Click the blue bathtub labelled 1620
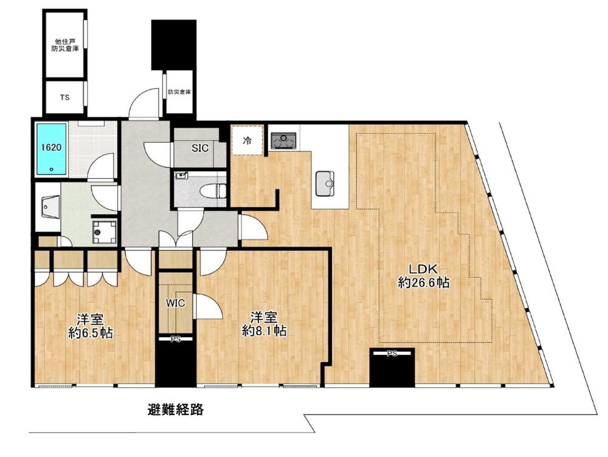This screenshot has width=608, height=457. click(51, 148)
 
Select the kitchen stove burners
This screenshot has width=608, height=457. click(283, 140)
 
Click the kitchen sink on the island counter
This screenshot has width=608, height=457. click(325, 183)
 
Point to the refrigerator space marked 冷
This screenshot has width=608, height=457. click(247, 140)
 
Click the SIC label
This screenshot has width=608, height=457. click(200, 148)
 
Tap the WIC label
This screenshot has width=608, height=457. click(176, 303)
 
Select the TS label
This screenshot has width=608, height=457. click(65, 97)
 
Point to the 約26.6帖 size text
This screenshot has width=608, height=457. click(424, 283)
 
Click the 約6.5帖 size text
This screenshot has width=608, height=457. click(91, 332)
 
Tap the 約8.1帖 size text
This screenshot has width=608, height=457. click(264, 330)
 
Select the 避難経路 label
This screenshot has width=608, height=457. click(176, 410)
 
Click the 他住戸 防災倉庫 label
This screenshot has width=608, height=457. click(65, 45)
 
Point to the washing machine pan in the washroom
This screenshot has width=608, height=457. click(104, 232)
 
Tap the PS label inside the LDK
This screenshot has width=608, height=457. click(392, 353)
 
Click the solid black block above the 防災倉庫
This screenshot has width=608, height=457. click(174, 45)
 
